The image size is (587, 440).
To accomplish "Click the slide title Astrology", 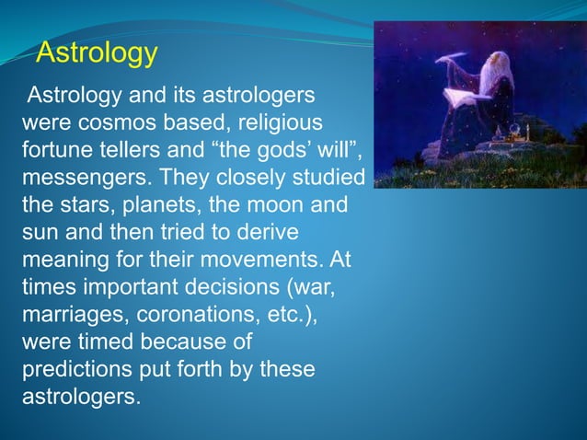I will [97, 53].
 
